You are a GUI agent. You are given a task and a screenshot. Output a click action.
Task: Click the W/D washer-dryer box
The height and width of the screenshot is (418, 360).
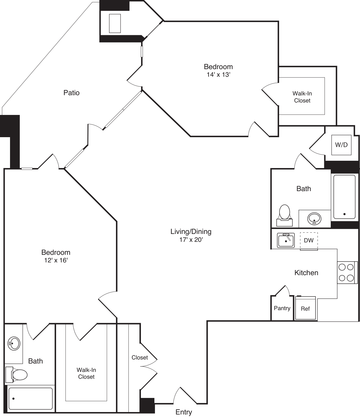click(341, 145)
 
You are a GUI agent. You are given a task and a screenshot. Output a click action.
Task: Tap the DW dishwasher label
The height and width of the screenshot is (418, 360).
click(309, 240)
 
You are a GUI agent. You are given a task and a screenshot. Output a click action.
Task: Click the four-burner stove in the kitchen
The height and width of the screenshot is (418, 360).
click(347, 272)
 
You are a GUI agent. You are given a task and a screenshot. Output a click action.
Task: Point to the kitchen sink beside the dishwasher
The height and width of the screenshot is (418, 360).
click(286, 240)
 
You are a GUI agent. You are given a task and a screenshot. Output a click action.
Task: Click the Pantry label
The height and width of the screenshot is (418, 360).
click(282, 308)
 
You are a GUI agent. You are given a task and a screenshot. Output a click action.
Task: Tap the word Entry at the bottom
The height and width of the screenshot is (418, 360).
click(184, 412)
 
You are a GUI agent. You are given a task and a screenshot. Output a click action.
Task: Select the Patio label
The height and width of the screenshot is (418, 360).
click(71, 93)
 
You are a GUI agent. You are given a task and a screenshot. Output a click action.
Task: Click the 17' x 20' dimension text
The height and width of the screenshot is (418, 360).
click(191, 240)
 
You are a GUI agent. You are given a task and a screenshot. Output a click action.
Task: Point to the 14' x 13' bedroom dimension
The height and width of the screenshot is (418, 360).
click(219, 75)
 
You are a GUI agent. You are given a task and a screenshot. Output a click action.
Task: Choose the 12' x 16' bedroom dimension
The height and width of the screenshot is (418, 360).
click(56, 260)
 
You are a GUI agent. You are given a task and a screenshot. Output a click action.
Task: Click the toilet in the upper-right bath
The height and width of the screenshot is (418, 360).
click(284, 215)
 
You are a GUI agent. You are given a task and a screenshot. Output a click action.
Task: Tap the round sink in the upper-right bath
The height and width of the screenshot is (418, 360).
click(314, 218)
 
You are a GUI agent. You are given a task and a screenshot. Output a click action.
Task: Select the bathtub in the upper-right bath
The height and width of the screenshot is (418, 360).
click(345, 197)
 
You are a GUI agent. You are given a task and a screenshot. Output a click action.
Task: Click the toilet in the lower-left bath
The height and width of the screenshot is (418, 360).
click(16, 375)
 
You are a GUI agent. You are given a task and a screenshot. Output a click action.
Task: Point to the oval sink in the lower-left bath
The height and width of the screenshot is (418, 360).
click(14, 343)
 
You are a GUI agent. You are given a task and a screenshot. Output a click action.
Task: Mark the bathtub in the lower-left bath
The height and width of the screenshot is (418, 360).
click(31, 398)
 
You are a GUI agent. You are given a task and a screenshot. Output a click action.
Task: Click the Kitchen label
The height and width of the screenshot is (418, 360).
click(306, 273)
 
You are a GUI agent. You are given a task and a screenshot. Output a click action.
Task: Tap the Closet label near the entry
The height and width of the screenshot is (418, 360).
click(140, 358)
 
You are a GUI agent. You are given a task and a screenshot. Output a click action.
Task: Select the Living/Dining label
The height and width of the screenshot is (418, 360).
click(191, 232)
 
